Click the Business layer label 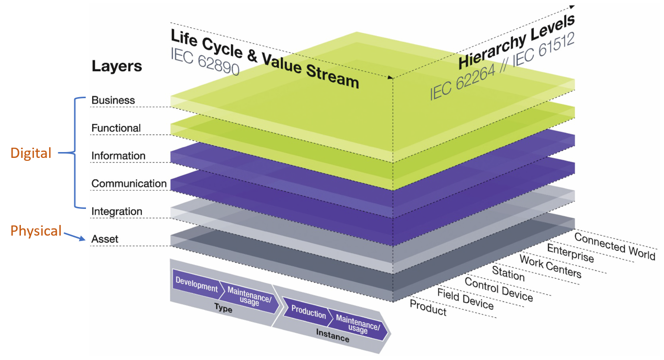coord(113,101)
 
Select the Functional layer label coord(116,128)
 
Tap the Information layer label coord(119,156)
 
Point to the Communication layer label coord(129,184)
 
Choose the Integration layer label coord(117,212)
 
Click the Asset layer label coord(105,240)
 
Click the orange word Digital coord(31,154)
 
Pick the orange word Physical coord(36,231)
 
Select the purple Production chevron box coord(308,314)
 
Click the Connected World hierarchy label coord(614,246)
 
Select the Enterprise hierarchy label coord(570,253)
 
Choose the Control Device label coord(499,289)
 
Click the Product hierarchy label coord(428,308)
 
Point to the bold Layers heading coord(117,67)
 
